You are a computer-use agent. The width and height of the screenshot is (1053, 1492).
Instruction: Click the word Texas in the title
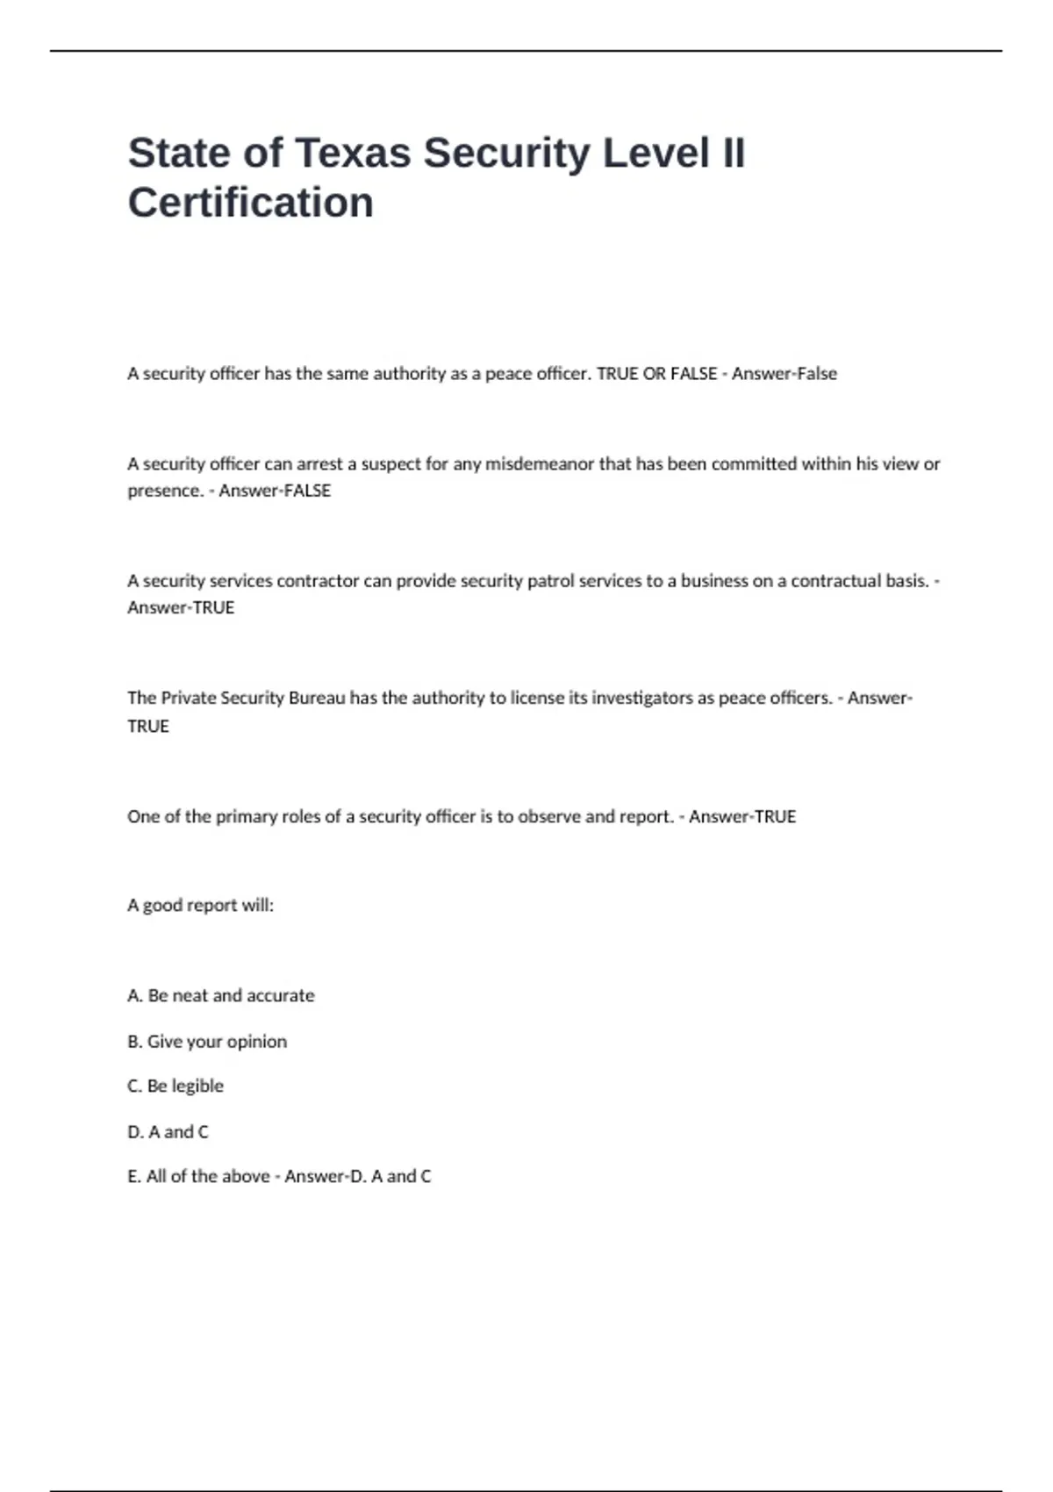pyautogui.click(x=353, y=154)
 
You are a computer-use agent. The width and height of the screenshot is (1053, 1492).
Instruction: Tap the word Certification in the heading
pyautogui.click(x=251, y=203)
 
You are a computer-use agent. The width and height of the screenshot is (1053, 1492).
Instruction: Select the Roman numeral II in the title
pyautogui.click(x=733, y=154)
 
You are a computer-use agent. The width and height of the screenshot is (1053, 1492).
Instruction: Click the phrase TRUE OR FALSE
pyautogui.click(x=656, y=374)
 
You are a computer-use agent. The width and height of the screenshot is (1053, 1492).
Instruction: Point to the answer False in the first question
pyautogui.click(x=816, y=374)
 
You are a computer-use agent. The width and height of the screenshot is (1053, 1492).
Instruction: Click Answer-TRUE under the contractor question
pyautogui.click(x=181, y=607)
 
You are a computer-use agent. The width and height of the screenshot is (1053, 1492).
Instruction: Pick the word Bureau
pyautogui.click(x=317, y=698)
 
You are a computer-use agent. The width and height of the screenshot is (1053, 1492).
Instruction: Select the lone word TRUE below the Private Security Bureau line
pyautogui.click(x=148, y=726)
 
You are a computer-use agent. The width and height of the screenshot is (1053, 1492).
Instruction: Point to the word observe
pyautogui.click(x=549, y=816)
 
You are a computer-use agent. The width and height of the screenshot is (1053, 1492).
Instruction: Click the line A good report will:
pyautogui.click(x=200, y=905)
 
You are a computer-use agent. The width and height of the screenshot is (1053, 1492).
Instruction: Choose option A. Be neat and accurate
pyautogui.click(x=220, y=995)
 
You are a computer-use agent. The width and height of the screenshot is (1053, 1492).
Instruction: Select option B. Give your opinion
pyautogui.click(x=207, y=1041)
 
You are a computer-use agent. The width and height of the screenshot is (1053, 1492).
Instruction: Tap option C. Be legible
pyautogui.click(x=175, y=1086)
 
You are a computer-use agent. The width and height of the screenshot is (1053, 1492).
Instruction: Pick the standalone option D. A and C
pyautogui.click(x=168, y=1131)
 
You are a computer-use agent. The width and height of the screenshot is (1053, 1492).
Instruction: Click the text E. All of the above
pyautogui.click(x=198, y=1176)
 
